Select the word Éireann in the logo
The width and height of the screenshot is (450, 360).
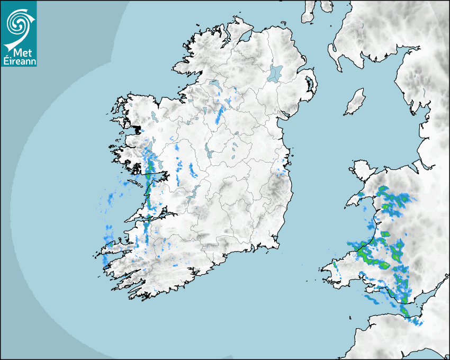(19, 61)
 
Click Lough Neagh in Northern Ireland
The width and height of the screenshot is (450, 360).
(276, 73)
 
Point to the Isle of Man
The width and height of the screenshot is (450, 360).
(355, 102)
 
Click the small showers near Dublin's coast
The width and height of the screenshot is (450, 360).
(281, 169)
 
